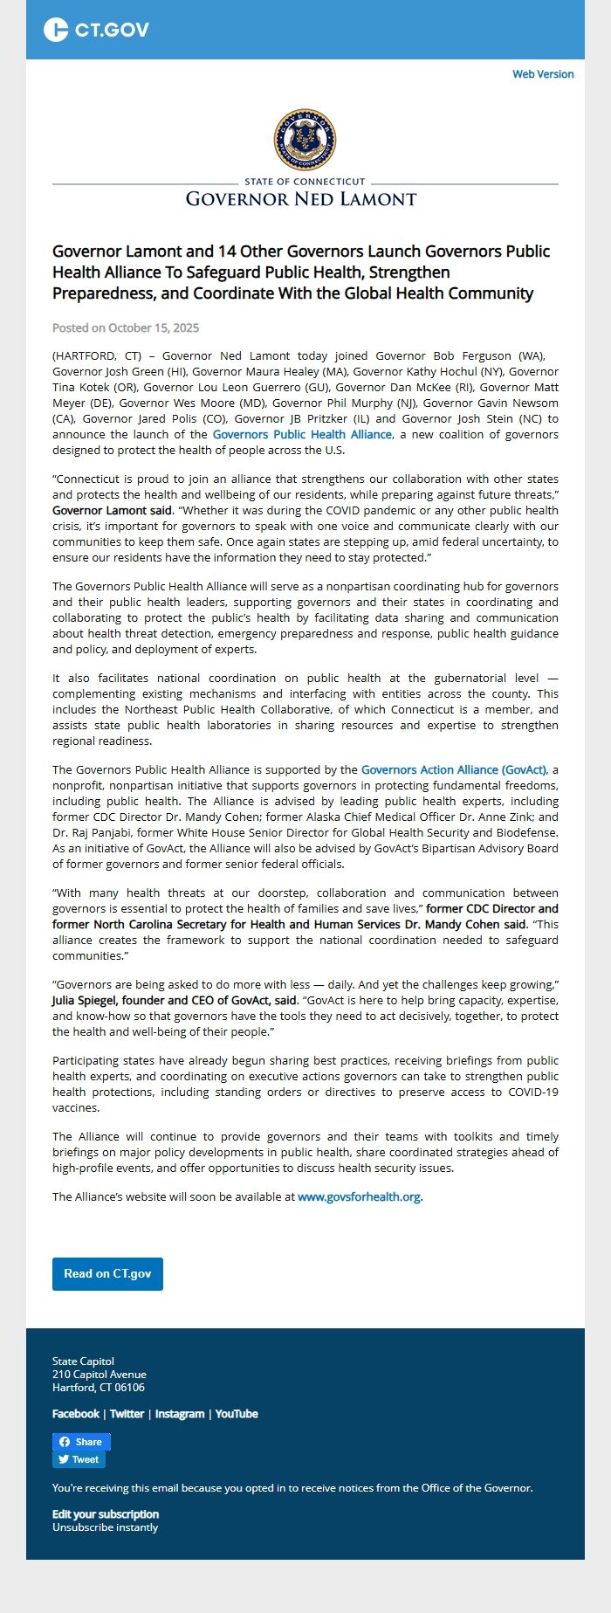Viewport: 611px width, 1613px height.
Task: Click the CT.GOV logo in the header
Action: (x=96, y=30)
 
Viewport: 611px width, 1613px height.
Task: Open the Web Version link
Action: (x=543, y=74)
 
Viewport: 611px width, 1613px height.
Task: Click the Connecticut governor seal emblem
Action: (x=305, y=139)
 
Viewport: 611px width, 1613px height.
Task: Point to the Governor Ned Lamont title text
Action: (x=301, y=199)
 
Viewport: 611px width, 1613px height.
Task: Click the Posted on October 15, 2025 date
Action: (x=126, y=328)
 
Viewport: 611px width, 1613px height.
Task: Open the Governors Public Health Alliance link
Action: (x=302, y=435)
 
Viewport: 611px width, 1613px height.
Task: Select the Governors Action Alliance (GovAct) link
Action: (x=454, y=770)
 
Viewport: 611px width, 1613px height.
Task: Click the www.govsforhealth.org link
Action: (x=359, y=1197)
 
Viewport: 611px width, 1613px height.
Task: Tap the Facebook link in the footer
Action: (x=76, y=1414)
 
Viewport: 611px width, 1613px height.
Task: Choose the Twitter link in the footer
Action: (x=127, y=1414)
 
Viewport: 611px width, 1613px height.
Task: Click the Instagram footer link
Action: (x=180, y=1414)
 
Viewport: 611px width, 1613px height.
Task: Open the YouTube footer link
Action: (x=237, y=1414)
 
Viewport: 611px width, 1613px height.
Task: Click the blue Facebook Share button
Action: (x=81, y=1442)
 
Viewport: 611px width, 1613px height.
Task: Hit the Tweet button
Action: (x=79, y=1459)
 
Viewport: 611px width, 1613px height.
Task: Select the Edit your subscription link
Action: (x=106, y=1514)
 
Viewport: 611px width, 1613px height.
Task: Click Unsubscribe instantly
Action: (x=105, y=1527)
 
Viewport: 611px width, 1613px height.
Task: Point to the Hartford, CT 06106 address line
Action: (x=99, y=1388)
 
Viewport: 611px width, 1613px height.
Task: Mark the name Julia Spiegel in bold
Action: (x=85, y=1001)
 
